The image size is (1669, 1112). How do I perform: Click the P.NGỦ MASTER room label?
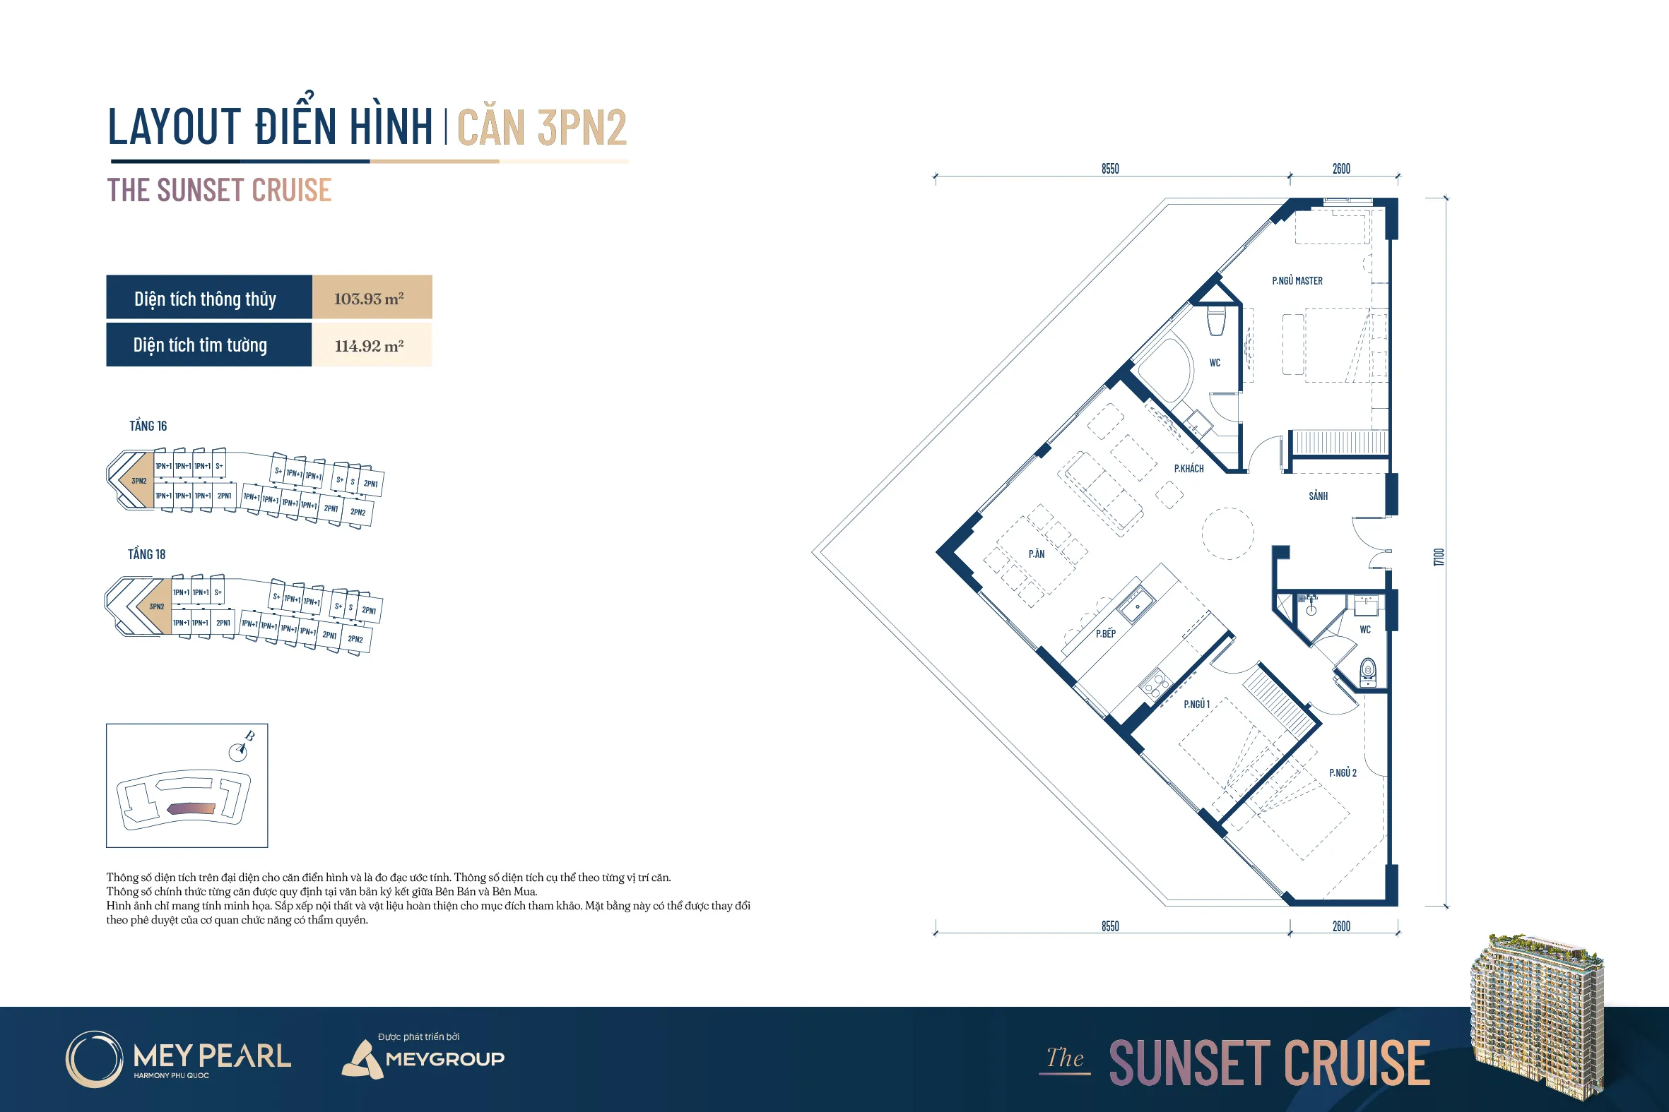(x=1297, y=281)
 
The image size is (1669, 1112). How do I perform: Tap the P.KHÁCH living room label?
(x=1189, y=469)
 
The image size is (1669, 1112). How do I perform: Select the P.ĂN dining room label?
(x=1037, y=554)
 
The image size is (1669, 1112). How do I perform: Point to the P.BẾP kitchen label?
(x=1106, y=633)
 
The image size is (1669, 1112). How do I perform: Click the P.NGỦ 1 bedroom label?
(x=1196, y=704)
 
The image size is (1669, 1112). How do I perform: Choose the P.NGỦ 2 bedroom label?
(x=1343, y=772)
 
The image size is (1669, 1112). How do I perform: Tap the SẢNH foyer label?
(x=1318, y=496)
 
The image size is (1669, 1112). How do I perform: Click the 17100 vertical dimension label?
(x=1439, y=557)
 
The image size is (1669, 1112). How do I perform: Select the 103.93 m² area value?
(x=369, y=299)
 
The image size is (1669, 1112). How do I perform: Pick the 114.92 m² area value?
(x=369, y=346)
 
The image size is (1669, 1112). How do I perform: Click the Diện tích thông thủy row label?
(x=205, y=299)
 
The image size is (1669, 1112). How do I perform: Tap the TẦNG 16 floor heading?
(x=148, y=426)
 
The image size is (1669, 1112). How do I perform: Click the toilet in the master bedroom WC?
(x=1216, y=321)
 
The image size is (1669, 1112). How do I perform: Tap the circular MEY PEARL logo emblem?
(x=95, y=1059)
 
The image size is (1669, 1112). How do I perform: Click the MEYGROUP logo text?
(x=445, y=1059)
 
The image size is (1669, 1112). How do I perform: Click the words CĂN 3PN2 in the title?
(x=542, y=128)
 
